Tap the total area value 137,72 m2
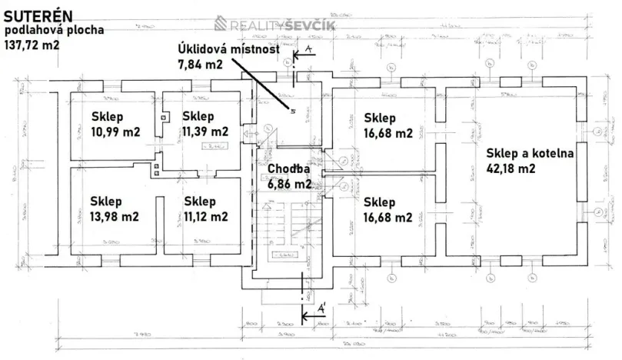point(32,45)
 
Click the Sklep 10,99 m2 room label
point(116,125)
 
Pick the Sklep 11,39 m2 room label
point(205,124)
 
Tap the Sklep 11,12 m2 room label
point(206,209)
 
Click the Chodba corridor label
point(289,169)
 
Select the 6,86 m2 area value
point(289,184)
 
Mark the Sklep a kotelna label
point(531,153)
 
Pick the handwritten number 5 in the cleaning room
point(293,111)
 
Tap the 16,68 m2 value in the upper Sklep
point(388,132)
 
